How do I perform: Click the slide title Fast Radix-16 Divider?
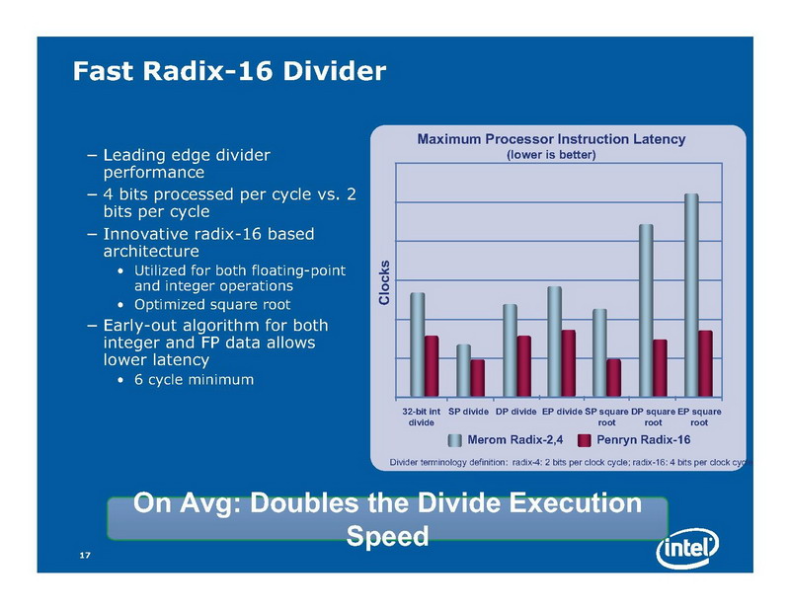(228, 71)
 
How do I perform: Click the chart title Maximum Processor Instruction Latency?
(551, 139)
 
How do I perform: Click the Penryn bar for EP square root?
(705, 362)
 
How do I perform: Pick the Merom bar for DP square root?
(646, 310)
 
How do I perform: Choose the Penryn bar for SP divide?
(477, 376)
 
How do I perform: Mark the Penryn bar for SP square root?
(613, 376)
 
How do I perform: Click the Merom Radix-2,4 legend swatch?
(455, 440)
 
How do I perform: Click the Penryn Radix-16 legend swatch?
(584, 440)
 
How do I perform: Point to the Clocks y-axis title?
(385, 283)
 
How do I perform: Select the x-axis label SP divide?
(469, 410)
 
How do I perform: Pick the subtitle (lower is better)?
(551, 155)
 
